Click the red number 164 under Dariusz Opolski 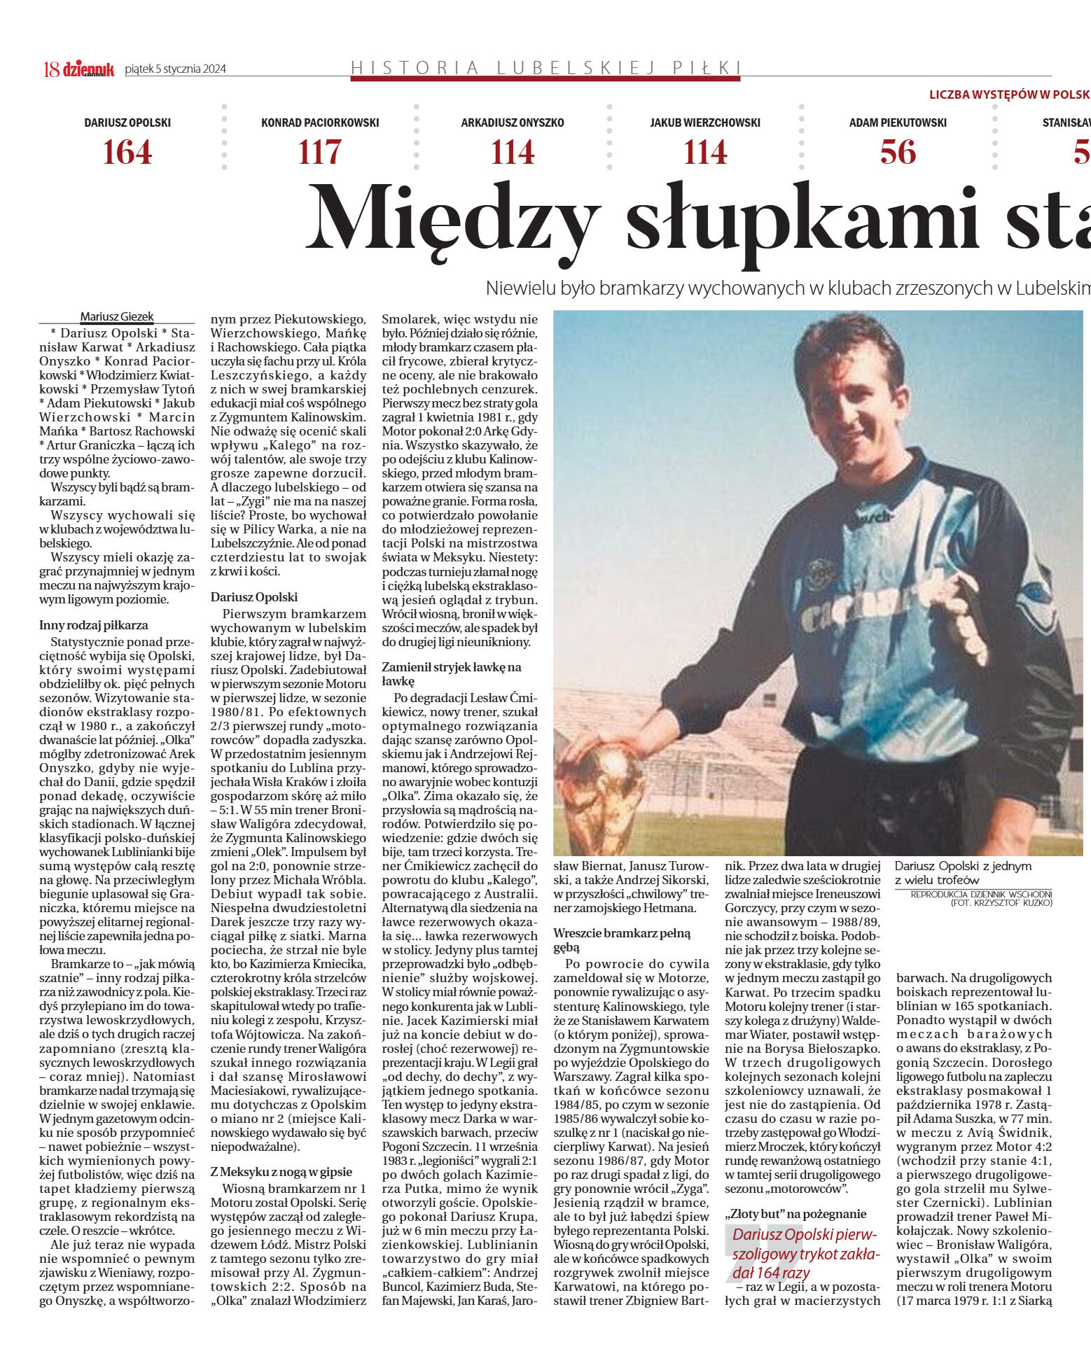click(x=127, y=153)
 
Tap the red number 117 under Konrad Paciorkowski click(x=320, y=153)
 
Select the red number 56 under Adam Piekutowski click(x=898, y=153)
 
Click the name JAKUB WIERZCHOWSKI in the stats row click(x=705, y=123)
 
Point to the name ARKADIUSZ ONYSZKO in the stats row click(x=513, y=123)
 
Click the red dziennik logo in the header click(x=88, y=69)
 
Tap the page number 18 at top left click(x=51, y=69)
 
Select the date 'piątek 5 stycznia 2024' click(x=175, y=69)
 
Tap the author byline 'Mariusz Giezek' click(x=117, y=316)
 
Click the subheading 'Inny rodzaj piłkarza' click(x=94, y=625)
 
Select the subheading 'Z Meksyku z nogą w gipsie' click(x=282, y=1172)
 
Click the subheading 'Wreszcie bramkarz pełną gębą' click(x=622, y=940)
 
